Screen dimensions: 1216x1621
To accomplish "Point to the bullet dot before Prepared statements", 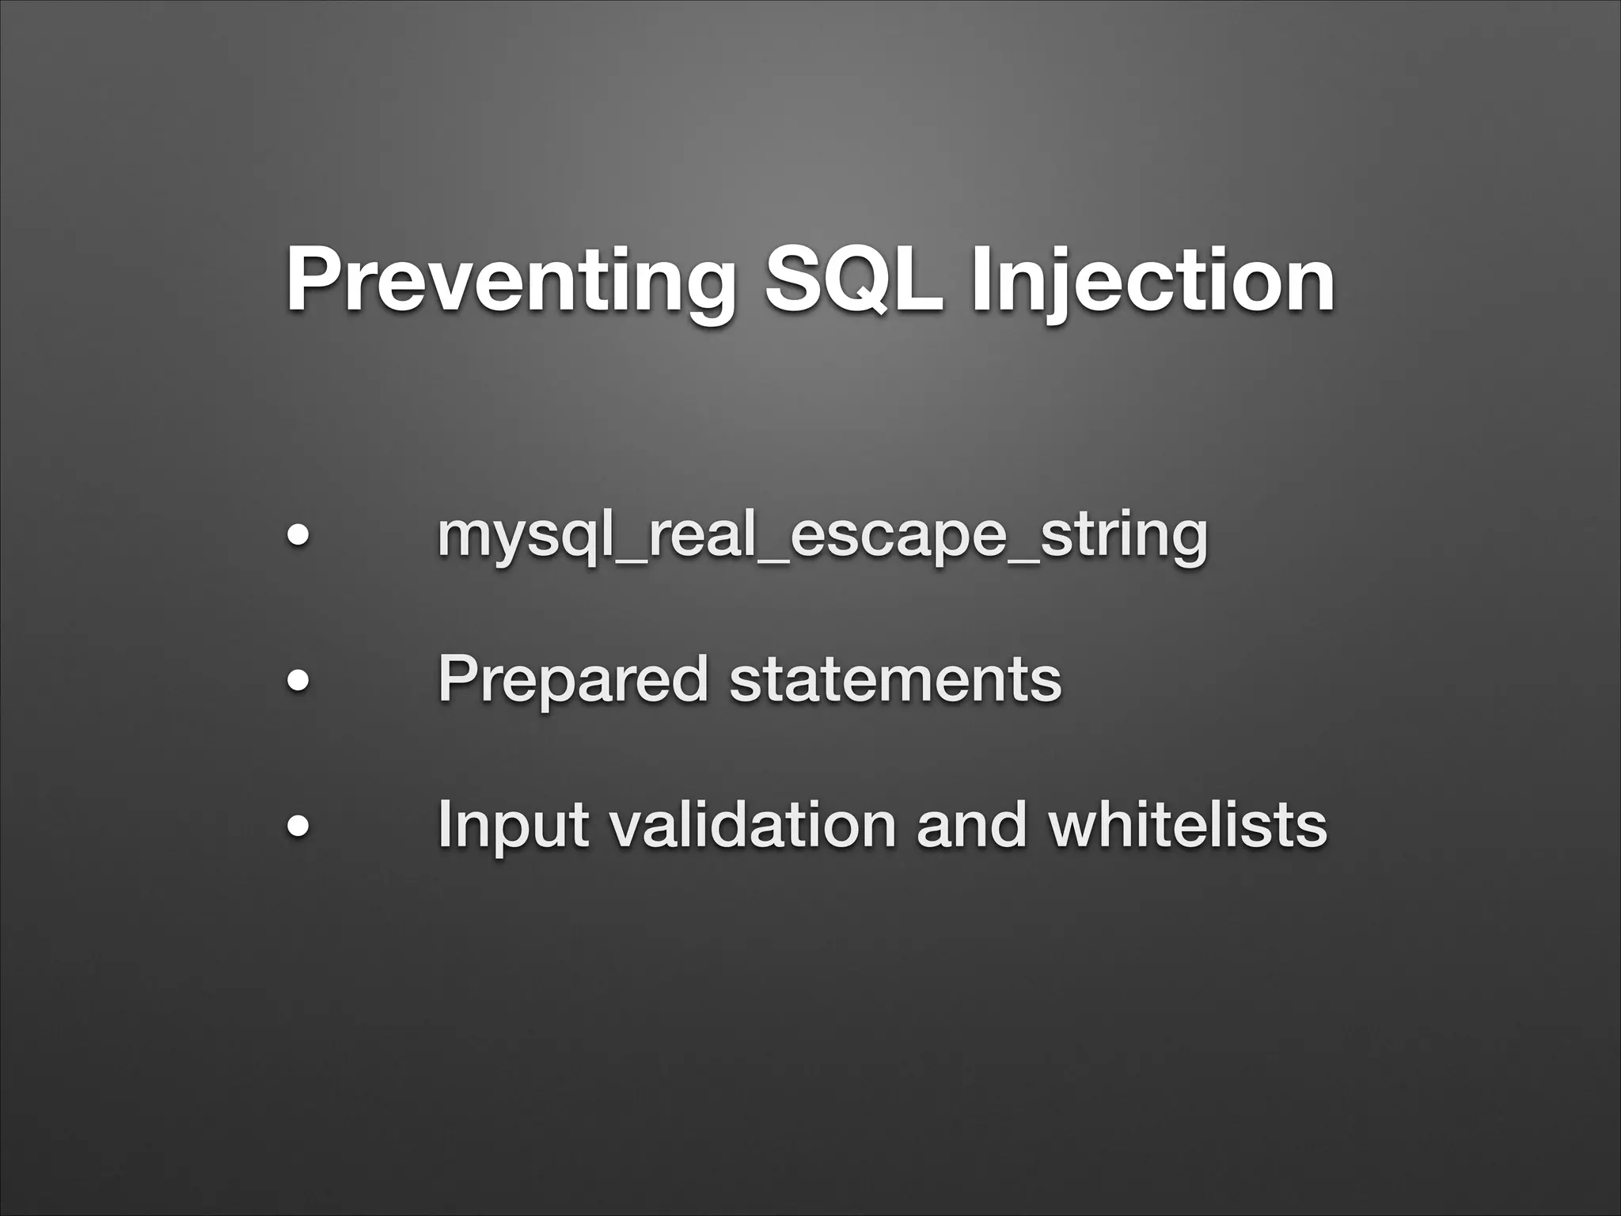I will (298, 680).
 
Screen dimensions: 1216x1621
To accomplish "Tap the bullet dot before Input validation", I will (298, 825).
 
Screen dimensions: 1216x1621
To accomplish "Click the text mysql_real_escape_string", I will (822, 536).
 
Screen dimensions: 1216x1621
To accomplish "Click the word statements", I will (894, 680).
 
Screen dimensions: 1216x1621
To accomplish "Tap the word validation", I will (751, 825).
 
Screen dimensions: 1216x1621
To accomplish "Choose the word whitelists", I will (1186, 825).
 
